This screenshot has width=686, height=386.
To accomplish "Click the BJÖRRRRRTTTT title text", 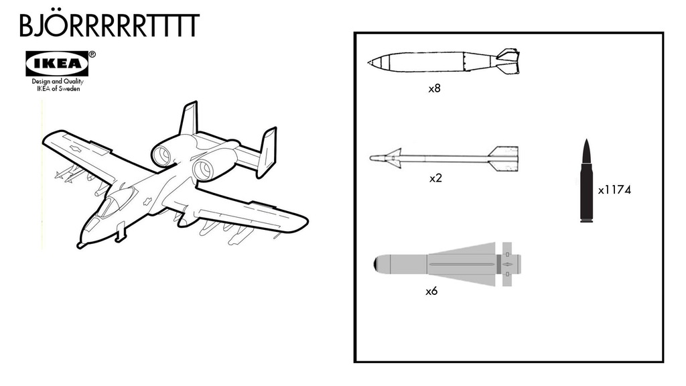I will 109,25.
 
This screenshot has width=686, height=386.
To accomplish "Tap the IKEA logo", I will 57,64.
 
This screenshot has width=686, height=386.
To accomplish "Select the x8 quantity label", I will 434,88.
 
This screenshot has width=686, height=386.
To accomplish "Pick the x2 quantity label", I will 435,179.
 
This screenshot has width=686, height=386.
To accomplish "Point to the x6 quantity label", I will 432,292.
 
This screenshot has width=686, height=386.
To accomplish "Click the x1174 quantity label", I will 614,190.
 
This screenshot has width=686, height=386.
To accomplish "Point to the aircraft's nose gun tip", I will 80,245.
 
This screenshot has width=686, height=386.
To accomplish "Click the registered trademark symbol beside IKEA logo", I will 92,55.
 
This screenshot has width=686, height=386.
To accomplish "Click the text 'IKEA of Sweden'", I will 58,88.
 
